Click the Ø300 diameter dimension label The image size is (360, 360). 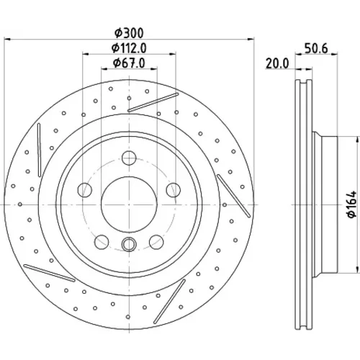coord(129,33)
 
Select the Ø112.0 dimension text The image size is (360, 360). coord(129,48)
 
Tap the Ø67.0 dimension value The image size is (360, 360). coord(129,63)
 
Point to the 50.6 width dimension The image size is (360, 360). coord(316,49)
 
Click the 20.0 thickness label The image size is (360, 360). coord(277,64)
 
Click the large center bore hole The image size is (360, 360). coord(129,204)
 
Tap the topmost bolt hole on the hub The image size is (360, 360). coord(129,158)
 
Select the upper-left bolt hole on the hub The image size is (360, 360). coord(85,190)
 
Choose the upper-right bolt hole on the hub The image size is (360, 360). coord(174,190)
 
